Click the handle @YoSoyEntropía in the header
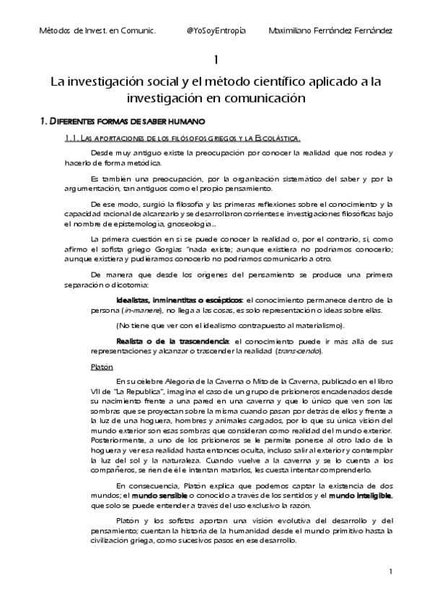tap(216, 31)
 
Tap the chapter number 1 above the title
tap(216, 59)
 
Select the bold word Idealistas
tap(133, 300)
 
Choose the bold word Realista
tap(131, 340)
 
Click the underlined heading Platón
tap(102, 367)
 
